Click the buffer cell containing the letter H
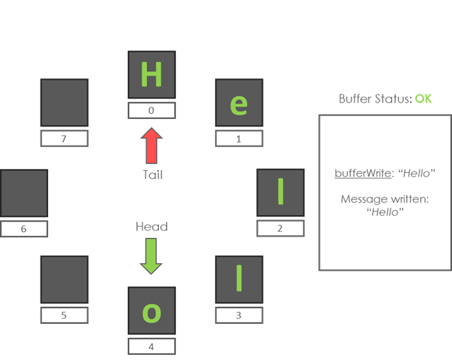pos(151,75)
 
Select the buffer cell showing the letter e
pos(239,103)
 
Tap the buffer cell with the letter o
pos(151,311)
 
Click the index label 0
pos(151,111)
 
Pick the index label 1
pos(239,138)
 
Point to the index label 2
pos(280,228)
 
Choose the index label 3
pos(239,316)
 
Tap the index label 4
pos(151,346)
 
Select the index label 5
pos(64,315)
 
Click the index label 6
pos(24,228)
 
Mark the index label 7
pos(64,138)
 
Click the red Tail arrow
pos(151,146)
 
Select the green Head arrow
pos(151,256)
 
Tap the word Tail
pos(152,175)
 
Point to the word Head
pos(151,227)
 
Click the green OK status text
pos(423,98)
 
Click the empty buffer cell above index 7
pos(64,103)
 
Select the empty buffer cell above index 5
pos(64,280)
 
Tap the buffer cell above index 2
pos(280,192)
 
